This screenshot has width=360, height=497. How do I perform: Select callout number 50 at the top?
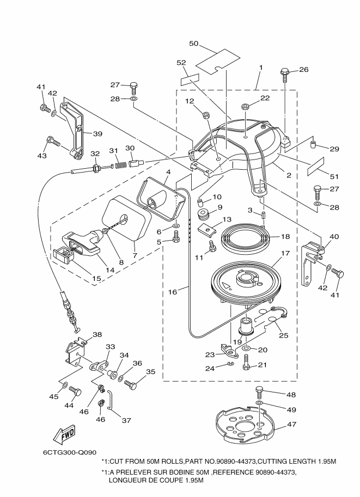click(193, 43)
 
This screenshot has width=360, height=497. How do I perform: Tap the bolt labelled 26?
click(285, 74)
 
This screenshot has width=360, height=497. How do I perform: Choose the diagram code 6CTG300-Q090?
click(70, 452)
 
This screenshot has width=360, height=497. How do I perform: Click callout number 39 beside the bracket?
click(97, 134)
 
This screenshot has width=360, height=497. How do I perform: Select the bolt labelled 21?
click(246, 362)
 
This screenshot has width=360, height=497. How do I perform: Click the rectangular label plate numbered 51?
click(315, 166)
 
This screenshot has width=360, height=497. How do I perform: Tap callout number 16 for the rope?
click(173, 292)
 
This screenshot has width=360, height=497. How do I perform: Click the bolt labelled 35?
click(131, 384)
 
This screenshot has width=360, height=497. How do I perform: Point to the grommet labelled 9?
click(203, 214)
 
